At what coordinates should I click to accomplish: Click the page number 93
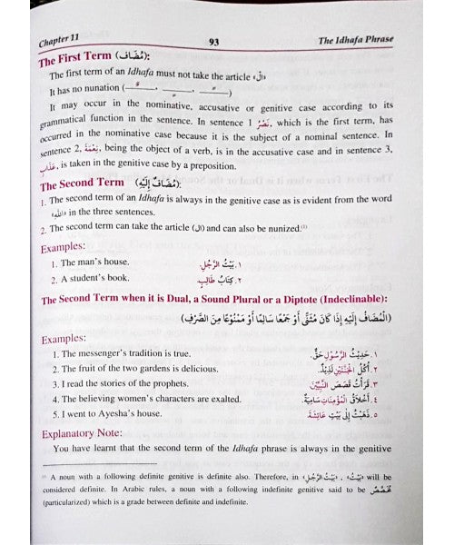pos(214,41)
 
